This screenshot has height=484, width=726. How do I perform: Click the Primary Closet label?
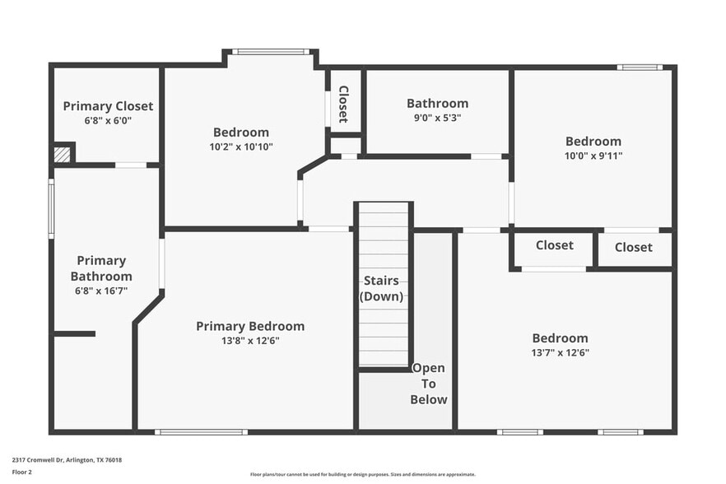(x=108, y=106)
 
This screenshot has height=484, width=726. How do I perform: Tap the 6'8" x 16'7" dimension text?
(x=101, y=291)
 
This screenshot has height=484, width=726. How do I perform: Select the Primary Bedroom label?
(x=250, y=326)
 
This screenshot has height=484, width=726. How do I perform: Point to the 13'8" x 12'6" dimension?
(x=250, y=341)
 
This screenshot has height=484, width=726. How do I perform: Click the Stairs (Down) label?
(x=383, y=288)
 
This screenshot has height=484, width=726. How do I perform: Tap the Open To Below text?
(x=429, y=384)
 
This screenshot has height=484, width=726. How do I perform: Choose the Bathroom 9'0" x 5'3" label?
(x=437, y=104)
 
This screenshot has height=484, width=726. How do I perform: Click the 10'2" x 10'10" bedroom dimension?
(x=241, y=147)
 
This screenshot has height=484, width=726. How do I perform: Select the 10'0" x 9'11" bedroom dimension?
(x=593, y=156)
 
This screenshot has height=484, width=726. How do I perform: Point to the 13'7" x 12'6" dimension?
(x=560, y=352)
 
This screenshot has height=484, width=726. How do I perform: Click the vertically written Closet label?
(x=343, y=104)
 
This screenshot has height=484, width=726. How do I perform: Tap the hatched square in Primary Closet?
(x=62, y=154)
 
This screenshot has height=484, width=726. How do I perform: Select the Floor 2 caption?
(x=21, y=472)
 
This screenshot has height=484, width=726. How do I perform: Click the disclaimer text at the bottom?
(x=362, y=474)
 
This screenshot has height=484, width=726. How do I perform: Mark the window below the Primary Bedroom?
(x=201, y=431)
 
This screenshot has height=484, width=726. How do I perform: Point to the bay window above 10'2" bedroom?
(x=270, y=52)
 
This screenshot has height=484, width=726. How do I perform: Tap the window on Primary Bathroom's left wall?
(x=51, y=210)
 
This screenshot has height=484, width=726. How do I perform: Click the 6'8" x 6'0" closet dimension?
(x=108, y=120)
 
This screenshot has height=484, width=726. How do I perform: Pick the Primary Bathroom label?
(x=101, y=268)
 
